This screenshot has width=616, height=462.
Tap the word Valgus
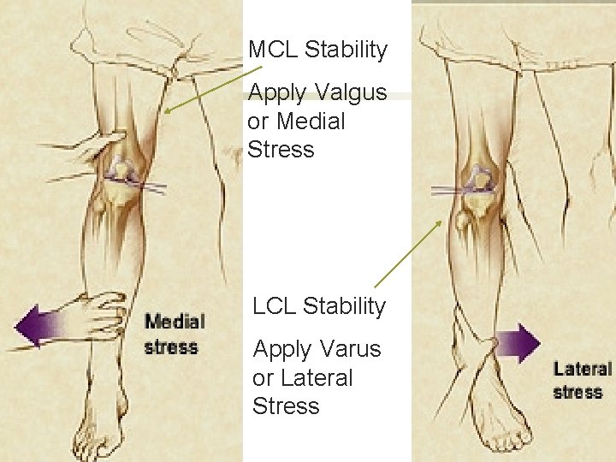point(351,92)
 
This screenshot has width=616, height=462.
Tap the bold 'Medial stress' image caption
point(175,335)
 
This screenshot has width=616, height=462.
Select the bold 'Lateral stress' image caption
point(583,381)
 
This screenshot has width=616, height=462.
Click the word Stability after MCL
point(346,50)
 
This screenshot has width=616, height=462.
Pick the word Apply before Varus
point(281,349)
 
